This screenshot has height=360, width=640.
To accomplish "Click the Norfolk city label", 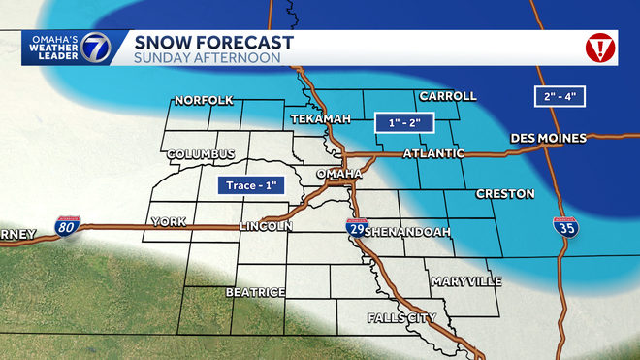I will click(205, 100).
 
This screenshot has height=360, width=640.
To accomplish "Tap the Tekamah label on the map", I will click(319, 118).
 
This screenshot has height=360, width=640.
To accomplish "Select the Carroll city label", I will click(447, 96).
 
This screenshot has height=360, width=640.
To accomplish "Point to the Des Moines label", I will click(549, 139).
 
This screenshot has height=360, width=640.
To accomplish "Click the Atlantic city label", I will click(432, 153).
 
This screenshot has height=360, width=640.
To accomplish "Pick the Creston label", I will click(505, 194).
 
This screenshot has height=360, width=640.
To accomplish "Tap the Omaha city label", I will click(339, 173).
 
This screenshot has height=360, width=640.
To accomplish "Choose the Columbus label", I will click(201, 154).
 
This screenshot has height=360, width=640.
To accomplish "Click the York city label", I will click(168, 222).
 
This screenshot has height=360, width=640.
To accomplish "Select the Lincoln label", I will click(266, 226).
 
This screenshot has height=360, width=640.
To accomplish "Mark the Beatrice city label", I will click(255, 291).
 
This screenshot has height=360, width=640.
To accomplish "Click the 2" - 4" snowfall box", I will click(563, 97).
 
